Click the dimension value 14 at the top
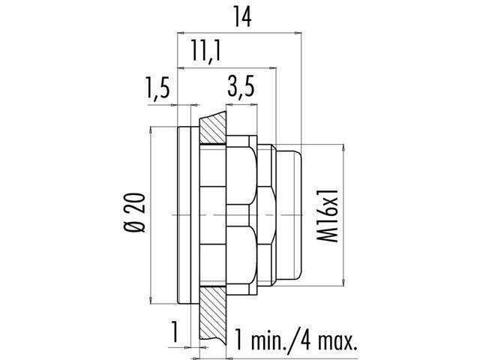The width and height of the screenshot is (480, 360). click(x=240, y=16)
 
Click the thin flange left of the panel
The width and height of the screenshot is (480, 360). click(x=186, y=215)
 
